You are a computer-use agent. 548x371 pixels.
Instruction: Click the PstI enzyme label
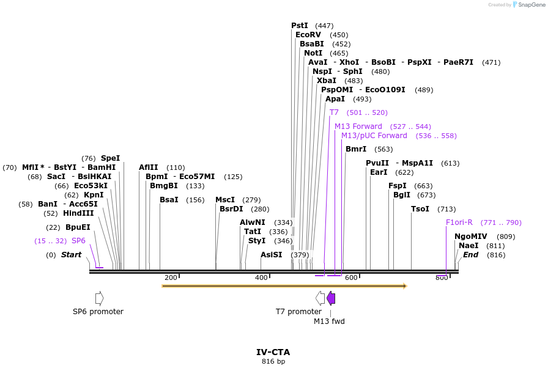[x=300, y=26]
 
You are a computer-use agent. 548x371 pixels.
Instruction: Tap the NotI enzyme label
[x=313, y=53]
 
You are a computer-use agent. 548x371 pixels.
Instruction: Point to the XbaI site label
[x=327, y=81]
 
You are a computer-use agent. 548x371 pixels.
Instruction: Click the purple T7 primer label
[x=334, y=112]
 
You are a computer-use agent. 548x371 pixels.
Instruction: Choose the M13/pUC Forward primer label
[x=374, y=136]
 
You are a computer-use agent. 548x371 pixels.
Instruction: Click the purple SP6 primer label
[x=78, y=241]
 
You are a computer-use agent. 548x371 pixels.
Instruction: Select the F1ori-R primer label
[x=459, y=222]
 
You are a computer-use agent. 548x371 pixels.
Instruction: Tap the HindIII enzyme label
[x=78, y=213]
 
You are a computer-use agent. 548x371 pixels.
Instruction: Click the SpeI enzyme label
[x=111, y=158]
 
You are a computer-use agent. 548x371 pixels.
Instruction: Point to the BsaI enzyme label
[x=169, y=200]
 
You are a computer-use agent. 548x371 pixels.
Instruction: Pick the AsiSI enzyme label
[x=272, y=255]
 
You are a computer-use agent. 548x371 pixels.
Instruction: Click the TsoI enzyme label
[x=420, y=209]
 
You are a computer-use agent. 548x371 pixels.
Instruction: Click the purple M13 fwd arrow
[x=331, y=298]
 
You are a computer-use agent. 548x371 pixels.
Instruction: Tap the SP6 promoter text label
[x=98, y=312]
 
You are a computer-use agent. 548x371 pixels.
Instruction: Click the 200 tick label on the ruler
[x=171, y=277]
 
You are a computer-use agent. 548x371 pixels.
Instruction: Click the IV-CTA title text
[x=273, y=352]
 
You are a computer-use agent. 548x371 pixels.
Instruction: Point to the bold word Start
[x=71, y=255]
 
